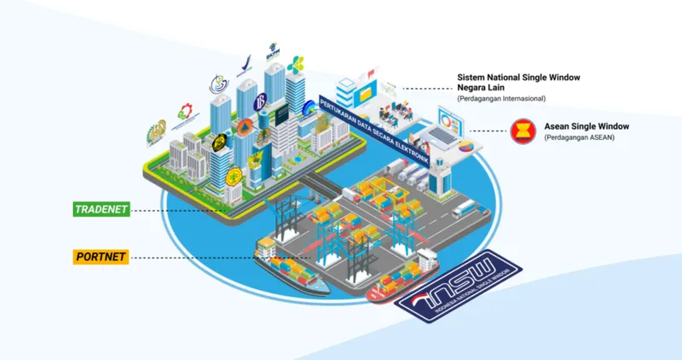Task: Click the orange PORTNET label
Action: pyautogui.click(x=101, y=256)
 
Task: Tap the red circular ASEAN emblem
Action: pyautogui.click(x=522, y=131)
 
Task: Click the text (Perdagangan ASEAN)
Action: pyautogui.click(x=579, y=138)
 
